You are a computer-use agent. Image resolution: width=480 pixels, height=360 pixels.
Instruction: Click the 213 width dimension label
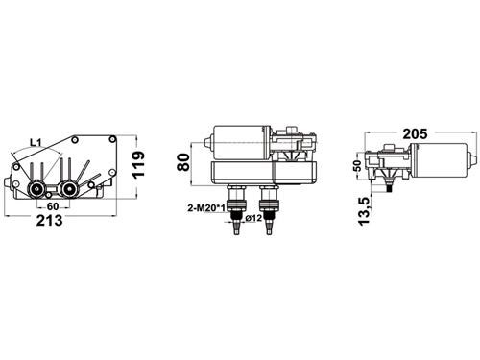pyautogui.click(x=49, y=221)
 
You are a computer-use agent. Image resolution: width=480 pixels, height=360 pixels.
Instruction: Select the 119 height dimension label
pyautogui.click(x=138, y=165)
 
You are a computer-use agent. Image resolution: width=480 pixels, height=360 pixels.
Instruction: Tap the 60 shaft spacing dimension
pyautogui.click(x=53, y=206)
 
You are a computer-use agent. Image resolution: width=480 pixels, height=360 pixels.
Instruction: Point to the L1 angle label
pyautogui.click(x=36, y=143)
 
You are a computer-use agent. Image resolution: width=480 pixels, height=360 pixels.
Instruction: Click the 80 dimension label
pyautogui.click(x=183, y=162)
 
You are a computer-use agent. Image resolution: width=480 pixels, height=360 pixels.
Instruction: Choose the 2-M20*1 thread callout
pyautogui.click(x=206, y=208)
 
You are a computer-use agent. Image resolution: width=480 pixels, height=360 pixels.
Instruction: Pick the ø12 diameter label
pyautogui.click(x=253, y=218)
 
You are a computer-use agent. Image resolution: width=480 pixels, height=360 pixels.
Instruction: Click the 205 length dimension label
pyautogui.click(x=415, y=133)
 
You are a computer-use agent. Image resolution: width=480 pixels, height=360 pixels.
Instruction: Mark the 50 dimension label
pyautogui.click(x=357, y=165)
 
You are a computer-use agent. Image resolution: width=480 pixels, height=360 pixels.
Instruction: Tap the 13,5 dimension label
pyautogui.click(x=364, y=211)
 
